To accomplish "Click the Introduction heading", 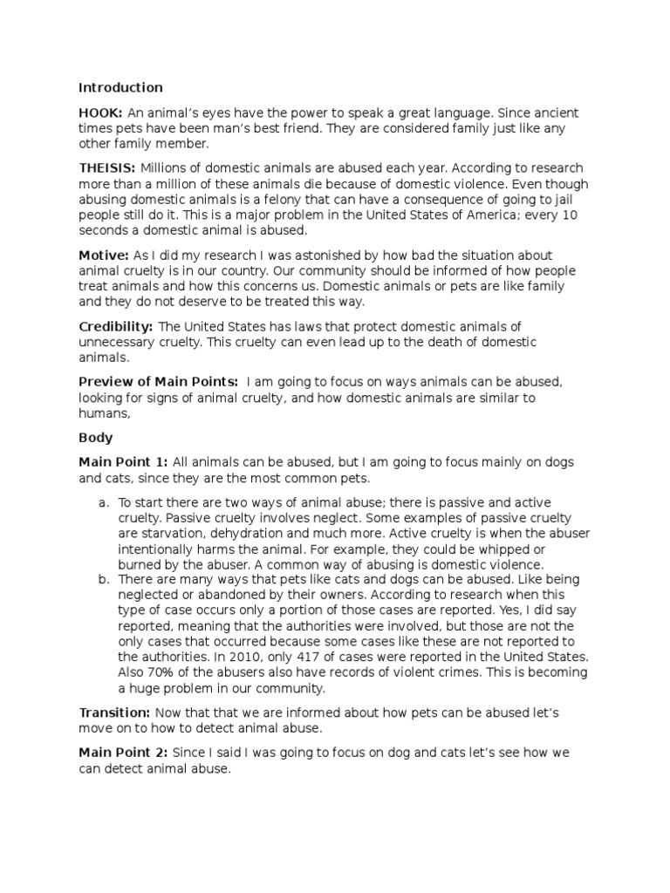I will [x=120, y=87].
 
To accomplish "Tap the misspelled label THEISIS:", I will [x=107, y=167].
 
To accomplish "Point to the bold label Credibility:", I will [x=116, y=326].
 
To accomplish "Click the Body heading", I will [x=95, y=437].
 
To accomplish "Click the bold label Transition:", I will [x=115, y=712].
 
